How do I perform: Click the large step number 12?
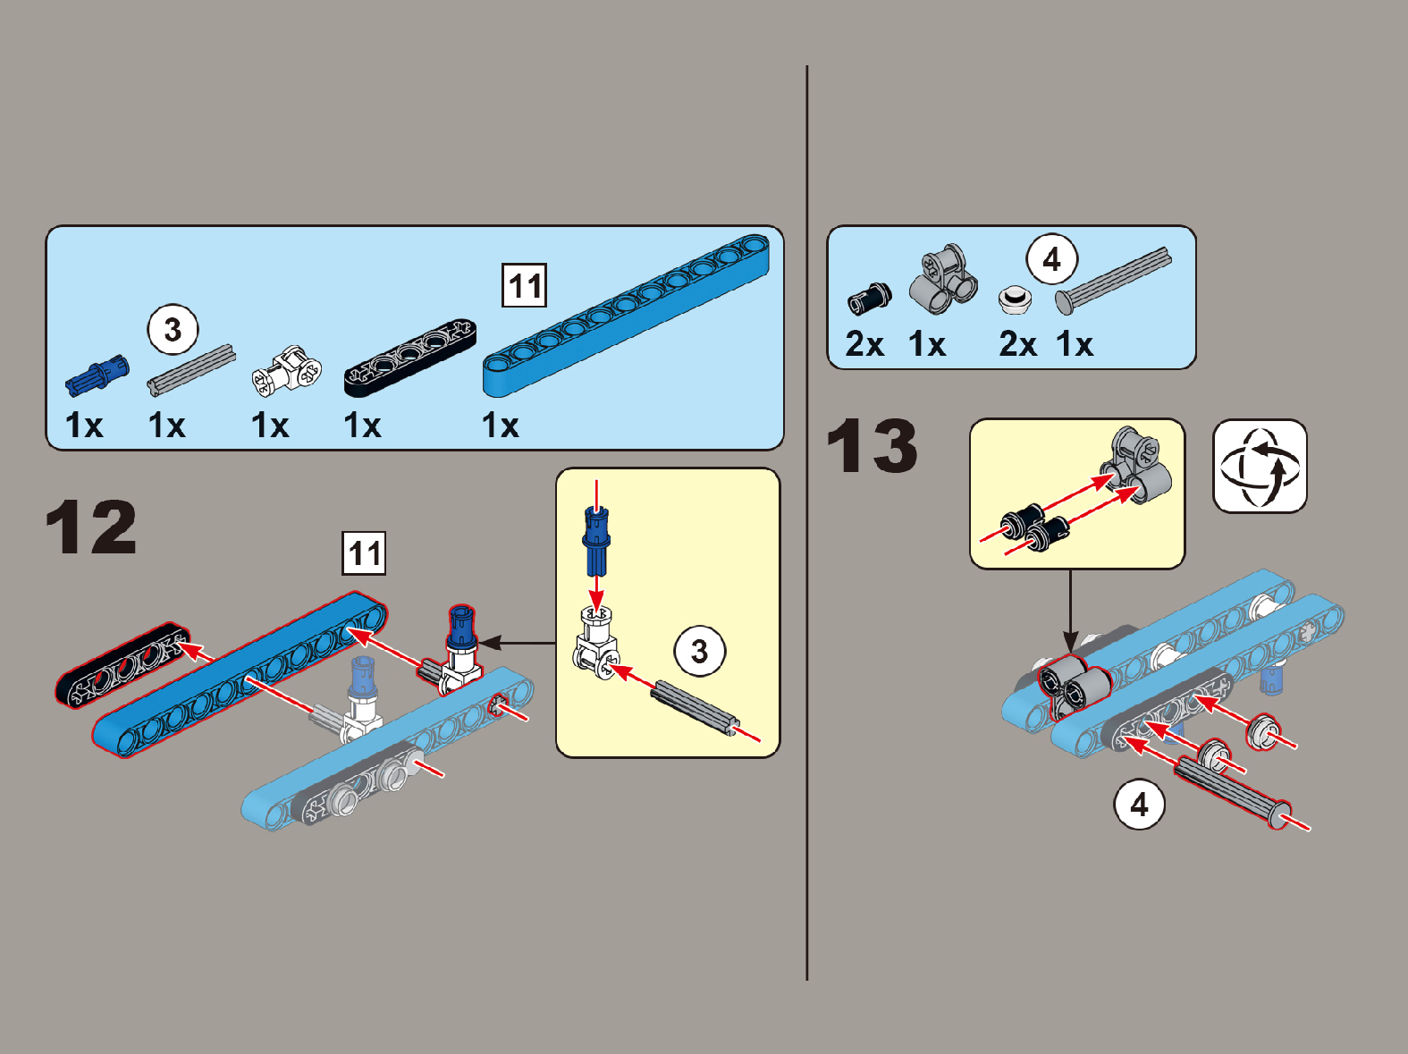tap(90, 527)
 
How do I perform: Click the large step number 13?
tap(872, 445)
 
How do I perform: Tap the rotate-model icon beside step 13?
tap(1260, 467)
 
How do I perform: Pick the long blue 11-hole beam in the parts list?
tap(626, 315)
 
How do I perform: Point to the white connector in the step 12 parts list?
tap(287, 369)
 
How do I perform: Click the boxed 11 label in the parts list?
tap(524, 285)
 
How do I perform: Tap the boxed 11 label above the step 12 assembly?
tap(365, 553)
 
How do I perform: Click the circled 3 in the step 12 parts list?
tap(173, 330)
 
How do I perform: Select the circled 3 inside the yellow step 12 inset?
tap(700, 652)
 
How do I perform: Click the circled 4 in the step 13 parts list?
tap(1052, 259)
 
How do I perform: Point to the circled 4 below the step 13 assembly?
tap(1139, 805)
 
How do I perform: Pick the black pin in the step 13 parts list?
tap(869, 299)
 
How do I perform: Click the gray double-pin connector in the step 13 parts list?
tap(943, 279)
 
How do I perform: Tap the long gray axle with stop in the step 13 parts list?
tap(1114, 281)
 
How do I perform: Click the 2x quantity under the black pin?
tap(864, 344)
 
